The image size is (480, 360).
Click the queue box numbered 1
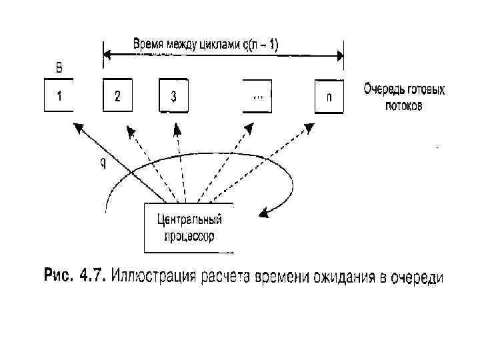click(x=59, y=95)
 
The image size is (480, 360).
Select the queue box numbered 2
click(x=117, y=95)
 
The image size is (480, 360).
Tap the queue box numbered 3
click(x=173, y=95)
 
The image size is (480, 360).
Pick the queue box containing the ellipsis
click(x=258, y=95)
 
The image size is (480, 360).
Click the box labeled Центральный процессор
click(x=189, y=227)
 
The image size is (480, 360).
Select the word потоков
click(x=403, y=105)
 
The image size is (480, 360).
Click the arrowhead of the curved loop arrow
click(x=265, y=213)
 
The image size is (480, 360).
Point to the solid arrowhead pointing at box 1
click(x=77, y=127)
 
